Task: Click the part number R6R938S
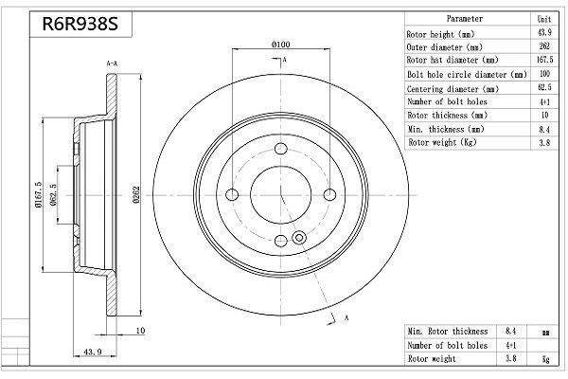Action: point(80,24)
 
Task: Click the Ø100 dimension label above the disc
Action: point(281,45)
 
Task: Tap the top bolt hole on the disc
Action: point(281,149)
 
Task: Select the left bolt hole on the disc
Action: point(232,195)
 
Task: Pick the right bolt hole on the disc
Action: point(329,195)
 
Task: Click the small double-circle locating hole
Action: point(299,238)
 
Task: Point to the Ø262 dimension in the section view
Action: point(136,195)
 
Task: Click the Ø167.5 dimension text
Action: point(39,195)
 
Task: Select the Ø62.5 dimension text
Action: point(53,195)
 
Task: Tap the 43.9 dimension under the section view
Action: point(93,352)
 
